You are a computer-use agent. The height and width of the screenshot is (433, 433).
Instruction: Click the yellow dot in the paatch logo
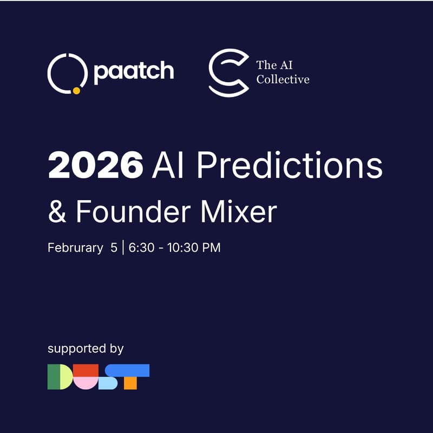[76, 91]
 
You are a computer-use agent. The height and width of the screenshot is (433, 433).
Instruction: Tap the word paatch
[134, 72]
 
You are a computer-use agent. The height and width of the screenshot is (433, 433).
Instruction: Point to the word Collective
[283, 80]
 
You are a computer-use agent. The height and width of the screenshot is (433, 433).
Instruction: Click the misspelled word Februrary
[75, 248]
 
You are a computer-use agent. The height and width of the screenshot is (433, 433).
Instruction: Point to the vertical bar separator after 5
[123, 248]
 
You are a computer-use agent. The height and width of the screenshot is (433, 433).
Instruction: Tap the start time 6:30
[141, 248]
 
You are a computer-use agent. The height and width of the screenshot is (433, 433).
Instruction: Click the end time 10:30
[187, 248]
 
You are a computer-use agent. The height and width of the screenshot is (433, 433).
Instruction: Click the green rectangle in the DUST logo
[54, 377]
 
